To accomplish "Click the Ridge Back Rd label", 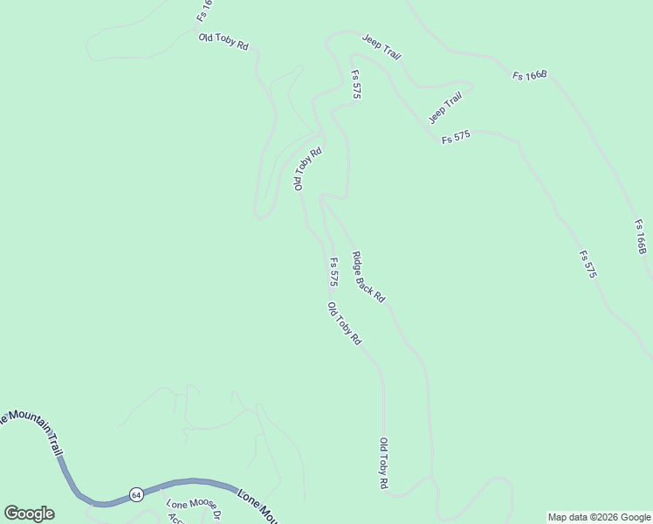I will [x=368, y=277].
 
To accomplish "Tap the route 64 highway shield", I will [x=136, y=494].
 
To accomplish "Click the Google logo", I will [x=29, y=514].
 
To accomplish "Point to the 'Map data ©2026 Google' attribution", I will [x=599, y=517].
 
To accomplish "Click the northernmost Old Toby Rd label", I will [x=224, y=41].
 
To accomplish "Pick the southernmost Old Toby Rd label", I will [x=383, y=463].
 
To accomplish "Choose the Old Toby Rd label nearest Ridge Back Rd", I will [x=344, y=324].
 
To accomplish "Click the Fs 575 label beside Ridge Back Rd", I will [x=333, y=272].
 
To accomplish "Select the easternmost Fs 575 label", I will [x=588, y=265].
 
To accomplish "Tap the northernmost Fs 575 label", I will [x=356, y=85].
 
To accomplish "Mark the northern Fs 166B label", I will [x=529, y=76].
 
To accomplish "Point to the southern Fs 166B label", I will [x=640, y=238].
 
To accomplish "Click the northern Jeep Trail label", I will [x=382, y=48].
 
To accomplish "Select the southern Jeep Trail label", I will [x=444, y=108].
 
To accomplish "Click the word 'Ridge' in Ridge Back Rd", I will [x=359, y=263].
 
